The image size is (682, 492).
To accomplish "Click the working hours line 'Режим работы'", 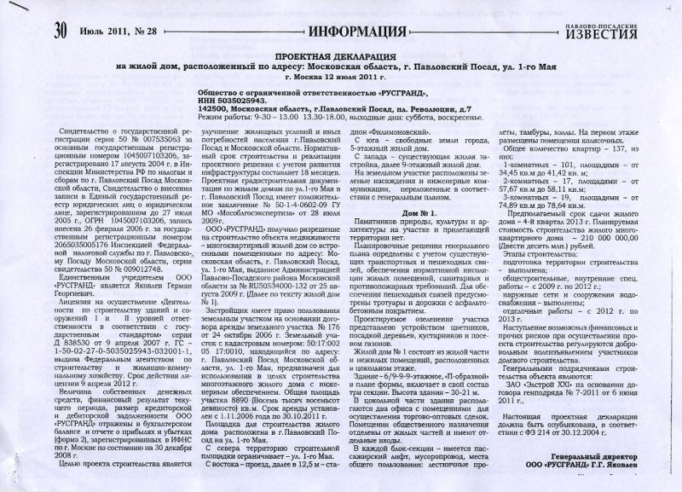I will pos(225,118).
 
